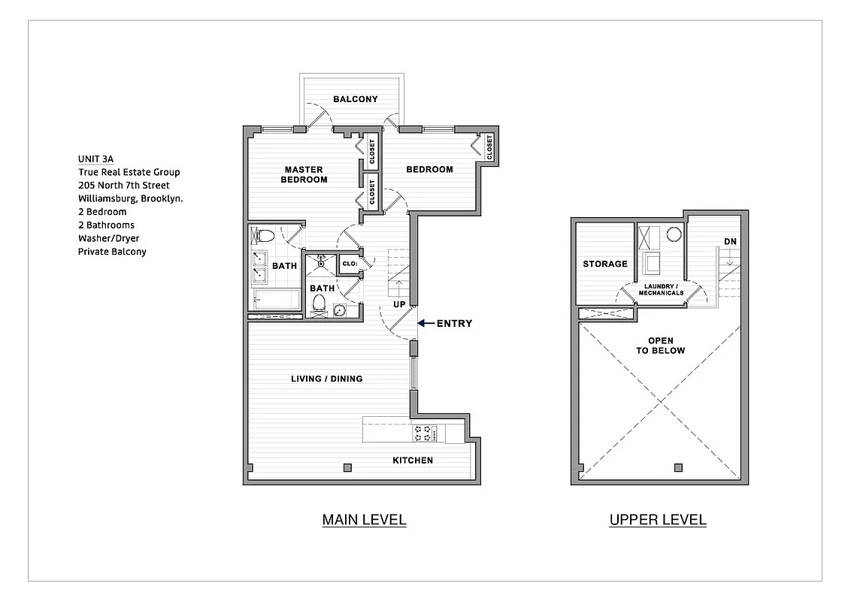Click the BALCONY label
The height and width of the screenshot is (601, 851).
[356, 99]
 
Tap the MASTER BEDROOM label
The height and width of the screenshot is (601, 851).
[304, 174]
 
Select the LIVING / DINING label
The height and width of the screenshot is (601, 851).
[326, 379]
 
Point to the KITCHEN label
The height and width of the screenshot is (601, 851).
[413, 460]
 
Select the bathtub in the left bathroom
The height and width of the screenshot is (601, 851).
[275, 299]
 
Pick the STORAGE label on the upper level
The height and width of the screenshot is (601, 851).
[605, 264]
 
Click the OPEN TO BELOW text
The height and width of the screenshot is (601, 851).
[661, 345]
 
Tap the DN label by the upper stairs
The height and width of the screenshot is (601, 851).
[730, 241]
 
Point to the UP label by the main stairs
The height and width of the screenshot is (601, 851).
[400, 304]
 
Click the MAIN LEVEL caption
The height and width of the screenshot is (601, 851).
[364, 519]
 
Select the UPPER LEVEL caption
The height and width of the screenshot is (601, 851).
[657, 519]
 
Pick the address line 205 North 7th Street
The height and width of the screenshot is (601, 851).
[123, 185]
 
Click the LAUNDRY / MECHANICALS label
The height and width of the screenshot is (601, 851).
[661, 289]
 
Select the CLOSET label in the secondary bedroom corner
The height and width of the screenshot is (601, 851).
[489, 147]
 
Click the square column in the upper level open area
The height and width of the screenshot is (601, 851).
[678, 467]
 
